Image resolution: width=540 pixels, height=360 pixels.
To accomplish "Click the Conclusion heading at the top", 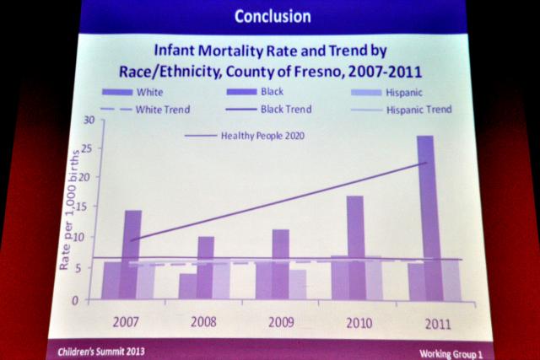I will [x=272, y=16].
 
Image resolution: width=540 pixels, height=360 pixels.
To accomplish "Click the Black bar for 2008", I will [x=206, y=268].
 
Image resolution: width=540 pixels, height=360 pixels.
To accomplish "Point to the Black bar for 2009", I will [x=281, y=264].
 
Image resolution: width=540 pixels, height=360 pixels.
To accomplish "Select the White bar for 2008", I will [x=188, y=286].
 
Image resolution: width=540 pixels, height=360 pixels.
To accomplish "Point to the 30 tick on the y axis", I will [x=88, y=121].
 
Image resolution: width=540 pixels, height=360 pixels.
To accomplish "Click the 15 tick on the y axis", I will [x=88, y=210].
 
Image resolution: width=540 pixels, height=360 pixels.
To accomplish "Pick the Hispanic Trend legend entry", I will [x=417, y=110].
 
